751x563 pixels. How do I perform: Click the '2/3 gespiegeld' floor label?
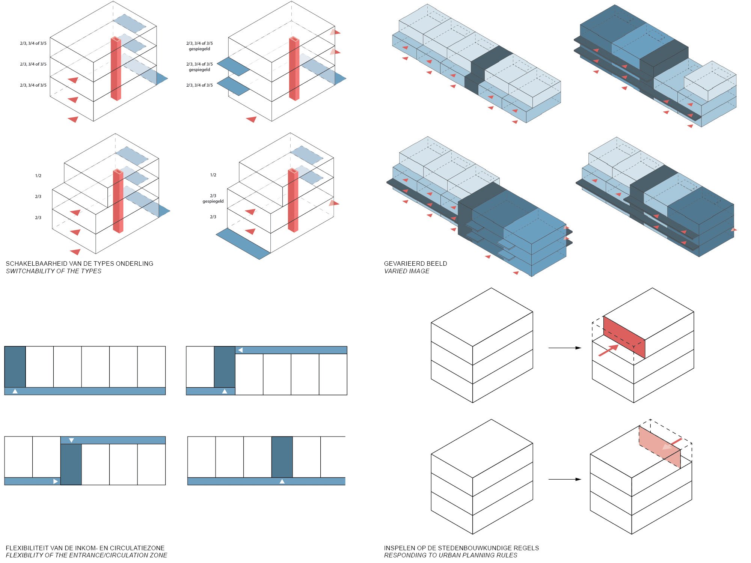[213, 198]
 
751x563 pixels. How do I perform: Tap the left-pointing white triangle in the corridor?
[240, 350]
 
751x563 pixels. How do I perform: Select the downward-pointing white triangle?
[71, 440]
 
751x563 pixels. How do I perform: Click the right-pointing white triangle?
[56, 481]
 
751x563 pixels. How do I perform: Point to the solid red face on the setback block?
[624, 337]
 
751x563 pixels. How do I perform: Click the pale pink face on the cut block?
[659, 447]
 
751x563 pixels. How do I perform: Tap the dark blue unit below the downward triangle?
[71, 464]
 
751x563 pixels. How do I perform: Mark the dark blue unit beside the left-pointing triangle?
[225, 367]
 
